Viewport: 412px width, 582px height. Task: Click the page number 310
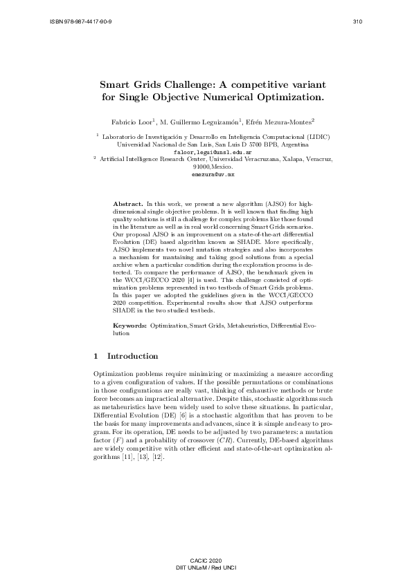click(x=357, y=21)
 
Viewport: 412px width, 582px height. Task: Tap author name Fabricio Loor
click(x=135, y=122)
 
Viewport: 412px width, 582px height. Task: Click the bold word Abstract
click(x=127, y=205)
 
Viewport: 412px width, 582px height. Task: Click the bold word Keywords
click(x=129, y=324)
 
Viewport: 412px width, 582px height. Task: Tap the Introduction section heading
click(x=132, y=357)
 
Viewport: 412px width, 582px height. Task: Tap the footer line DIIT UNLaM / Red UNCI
click(x=206, y=567)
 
